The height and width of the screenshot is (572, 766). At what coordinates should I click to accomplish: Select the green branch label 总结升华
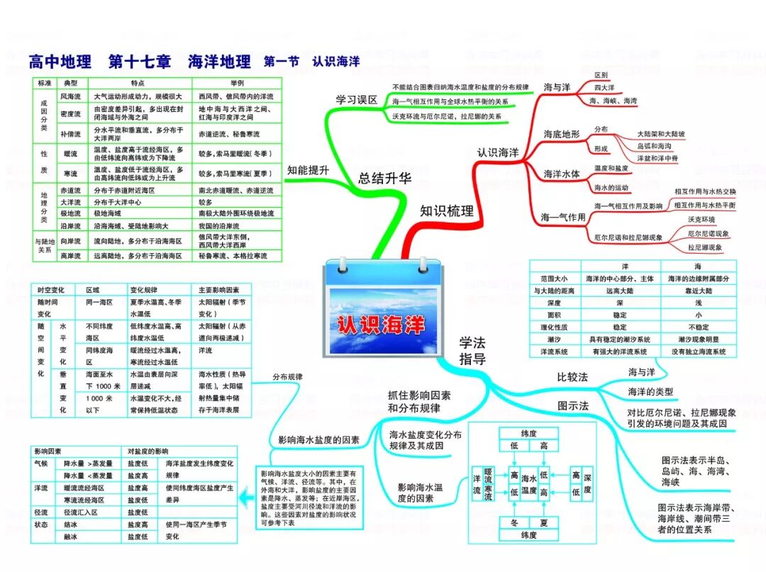(385, 179)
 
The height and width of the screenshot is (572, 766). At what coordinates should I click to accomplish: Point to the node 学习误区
(357, 99)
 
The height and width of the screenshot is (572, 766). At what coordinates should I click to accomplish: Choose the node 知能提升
(308, 170)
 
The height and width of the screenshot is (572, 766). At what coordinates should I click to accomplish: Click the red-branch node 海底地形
(562, 134)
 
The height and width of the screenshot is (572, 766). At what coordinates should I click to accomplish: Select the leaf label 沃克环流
(701, 219)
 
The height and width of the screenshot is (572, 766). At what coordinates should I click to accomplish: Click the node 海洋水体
(562, 174)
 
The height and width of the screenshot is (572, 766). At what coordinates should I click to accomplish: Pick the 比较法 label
(573, 377)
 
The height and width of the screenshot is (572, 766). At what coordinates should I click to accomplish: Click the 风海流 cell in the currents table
(71, 96)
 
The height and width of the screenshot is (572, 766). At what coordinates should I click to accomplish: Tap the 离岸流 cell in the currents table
(71, 255)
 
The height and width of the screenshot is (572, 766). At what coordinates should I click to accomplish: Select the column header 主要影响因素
(219, 290)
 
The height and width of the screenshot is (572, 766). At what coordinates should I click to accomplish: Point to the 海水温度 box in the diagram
(529, 483)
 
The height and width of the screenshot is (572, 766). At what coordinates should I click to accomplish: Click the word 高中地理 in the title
(60, 62)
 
